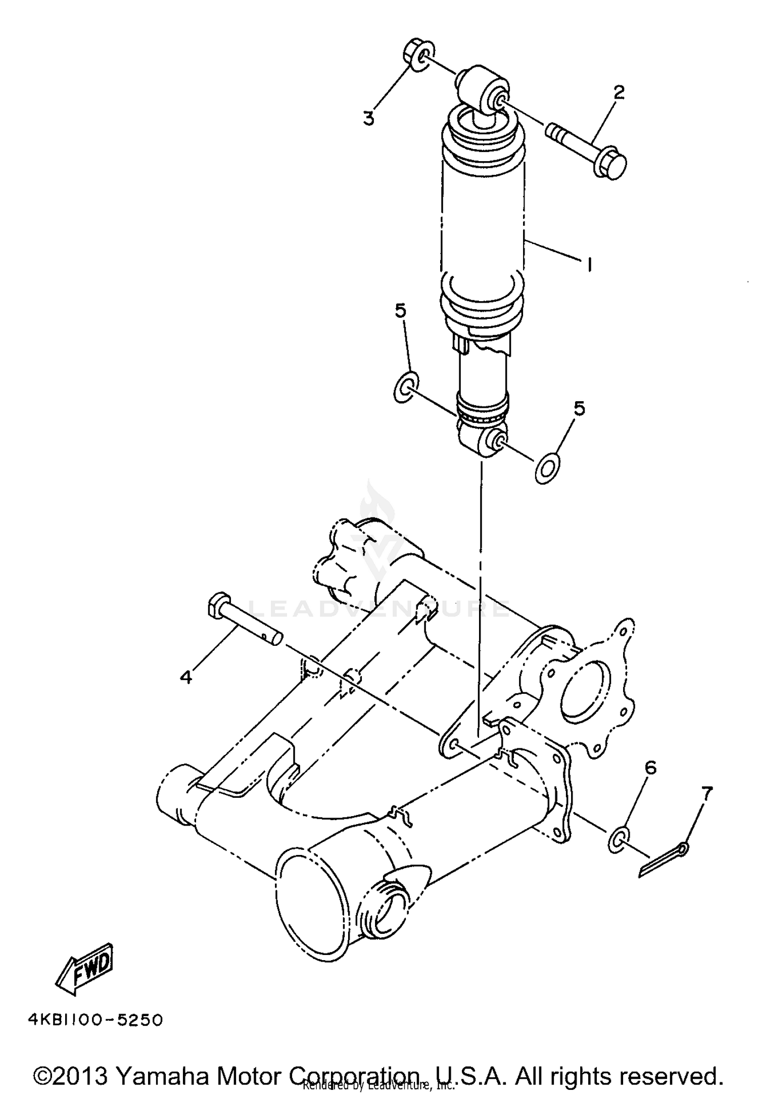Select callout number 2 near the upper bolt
point(619,92)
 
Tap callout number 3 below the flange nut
point(369,118)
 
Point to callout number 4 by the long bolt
point(186,676)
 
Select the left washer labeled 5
point(405,387)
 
